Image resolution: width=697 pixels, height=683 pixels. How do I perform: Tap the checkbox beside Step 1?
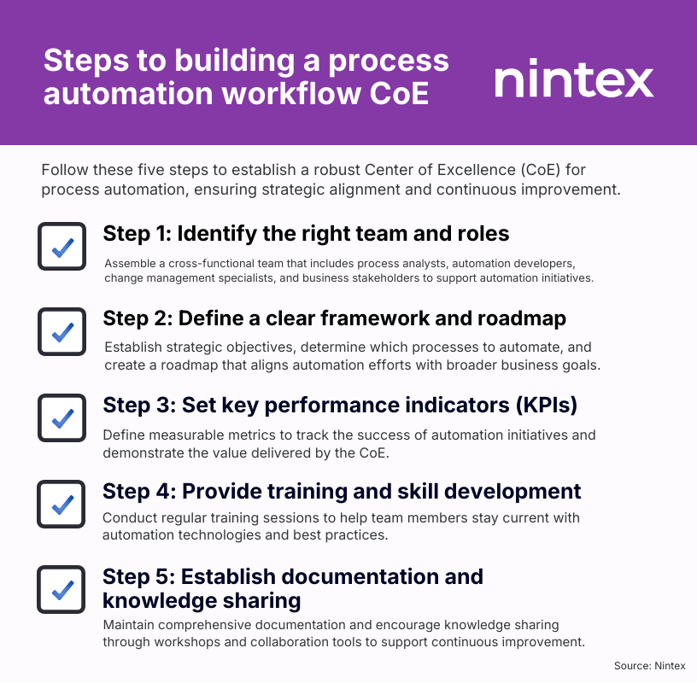[61, 247]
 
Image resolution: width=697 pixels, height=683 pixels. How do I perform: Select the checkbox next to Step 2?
[61, 331]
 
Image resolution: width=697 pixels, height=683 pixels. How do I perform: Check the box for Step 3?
[61, 417]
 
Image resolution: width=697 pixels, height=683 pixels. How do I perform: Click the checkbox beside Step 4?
[61, 504]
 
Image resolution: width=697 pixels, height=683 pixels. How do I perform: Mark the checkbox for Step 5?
[61, 589]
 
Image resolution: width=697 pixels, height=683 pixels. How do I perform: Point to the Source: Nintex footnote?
[649, 665]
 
